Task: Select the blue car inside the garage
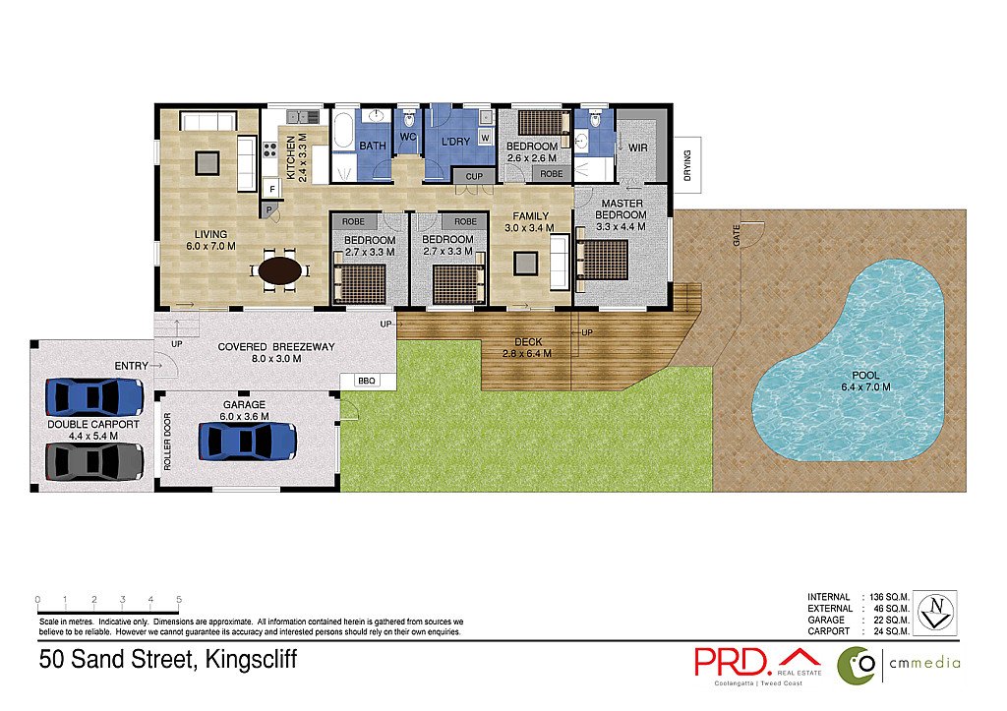(x=247, y=441)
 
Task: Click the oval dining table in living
(x=280, y=269)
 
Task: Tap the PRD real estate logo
(x=757, y=661)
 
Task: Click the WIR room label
(x=637, y=148)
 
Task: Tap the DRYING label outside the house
(x=687, y=158)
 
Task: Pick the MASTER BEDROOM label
(x=622, y=214)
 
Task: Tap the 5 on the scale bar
(x=178, y=599)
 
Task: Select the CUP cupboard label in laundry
(x=473, y=176)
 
